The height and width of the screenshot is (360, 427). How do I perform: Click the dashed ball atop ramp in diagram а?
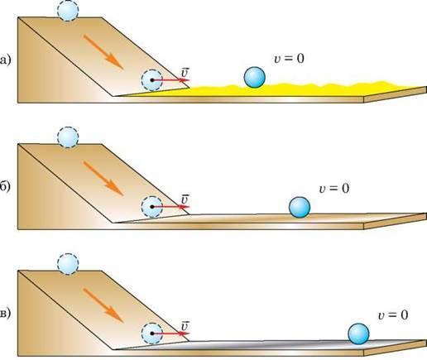pyautogui.click(x=68, y=11)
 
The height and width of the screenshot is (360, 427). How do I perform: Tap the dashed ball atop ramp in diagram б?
pyautogui.click(x=68, y=137)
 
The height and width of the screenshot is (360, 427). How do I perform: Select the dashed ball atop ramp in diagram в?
pyautogui.click(x=68, y=264)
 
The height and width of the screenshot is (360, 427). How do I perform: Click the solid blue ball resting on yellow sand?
pyautogui.click(x=255, y=77)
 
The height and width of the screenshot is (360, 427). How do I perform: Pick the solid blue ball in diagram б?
pyautogui.click(x=300, y=207)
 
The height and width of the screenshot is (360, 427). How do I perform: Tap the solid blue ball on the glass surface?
pyautogui.click(x=358, y=334)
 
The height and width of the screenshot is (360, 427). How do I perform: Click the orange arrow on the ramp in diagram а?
pyautogui.click(x=103, y=51)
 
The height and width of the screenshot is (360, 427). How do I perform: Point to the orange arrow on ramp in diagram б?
pyautogui.click(x=103, y=178)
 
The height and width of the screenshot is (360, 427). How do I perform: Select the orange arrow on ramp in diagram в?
pyautogui.click(x=103, y=305)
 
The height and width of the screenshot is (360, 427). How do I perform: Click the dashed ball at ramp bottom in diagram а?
pyautogui.click(x=151, y=80)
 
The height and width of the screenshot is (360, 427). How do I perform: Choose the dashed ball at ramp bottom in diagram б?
pyautogui.click(x=151, y=207)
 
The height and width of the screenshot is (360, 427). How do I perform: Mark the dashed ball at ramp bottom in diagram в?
pyautogui.click(x=151, y=334)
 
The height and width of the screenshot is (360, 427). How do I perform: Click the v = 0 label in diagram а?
pyautogui.click(x=290, y=59)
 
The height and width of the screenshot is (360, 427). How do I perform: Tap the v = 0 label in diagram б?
pyautogui.click(x=334, y=189)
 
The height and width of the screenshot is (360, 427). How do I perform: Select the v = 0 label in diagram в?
pyautogui.click(x=393, y=314)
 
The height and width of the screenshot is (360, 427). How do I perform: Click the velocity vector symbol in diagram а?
pyautogui.click(x=185, y=73)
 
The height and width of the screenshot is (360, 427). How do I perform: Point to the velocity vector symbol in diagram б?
pyautogui.click(x=185, y=199)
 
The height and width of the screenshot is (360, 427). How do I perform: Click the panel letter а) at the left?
pyautogui.click(x=6, y=60)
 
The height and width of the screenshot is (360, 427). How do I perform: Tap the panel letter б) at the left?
pyautogui.click(x=6, y=187)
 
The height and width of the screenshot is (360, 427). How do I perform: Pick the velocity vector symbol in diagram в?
pyautogui.click(x=185, y=326)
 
